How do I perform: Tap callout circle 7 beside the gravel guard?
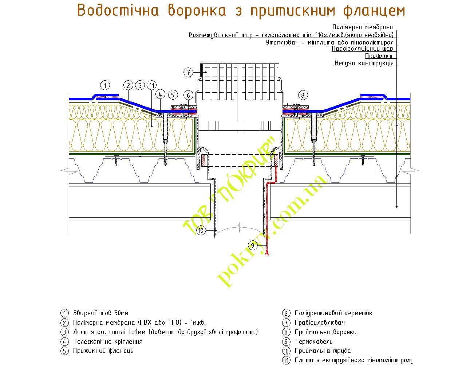click(188, 72)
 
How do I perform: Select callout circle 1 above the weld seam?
click(105, 86)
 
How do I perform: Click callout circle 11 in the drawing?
click(152, 86)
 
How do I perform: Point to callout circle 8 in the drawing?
click(303, 96)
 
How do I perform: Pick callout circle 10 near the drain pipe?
click(201, 230)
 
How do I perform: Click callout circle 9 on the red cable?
click(253, 245)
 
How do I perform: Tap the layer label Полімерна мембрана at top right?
click(363, 27)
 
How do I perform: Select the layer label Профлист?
click(379, 56)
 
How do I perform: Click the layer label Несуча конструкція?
click(364, 63)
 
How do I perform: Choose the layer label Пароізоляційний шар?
click(362, 49)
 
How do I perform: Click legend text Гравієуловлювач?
click(320, 322)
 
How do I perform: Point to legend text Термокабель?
click(313, 341)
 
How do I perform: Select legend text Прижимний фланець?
click(103, 351)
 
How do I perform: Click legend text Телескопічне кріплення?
click(107, 341)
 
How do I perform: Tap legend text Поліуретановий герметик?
click(333, 313)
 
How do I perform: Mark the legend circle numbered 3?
click(64, 332)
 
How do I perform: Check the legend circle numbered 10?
click(286, 351)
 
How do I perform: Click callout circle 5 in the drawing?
click(173, 96)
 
